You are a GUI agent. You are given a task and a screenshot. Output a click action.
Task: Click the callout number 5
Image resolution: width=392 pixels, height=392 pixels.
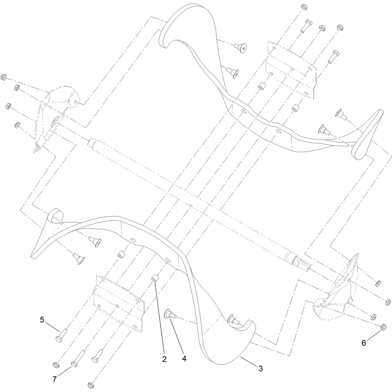tap(42, 320)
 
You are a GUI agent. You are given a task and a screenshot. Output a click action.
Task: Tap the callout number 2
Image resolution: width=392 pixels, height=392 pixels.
tap(164, 359)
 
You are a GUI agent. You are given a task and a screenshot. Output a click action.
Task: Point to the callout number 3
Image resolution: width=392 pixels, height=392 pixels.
tap(260, 368)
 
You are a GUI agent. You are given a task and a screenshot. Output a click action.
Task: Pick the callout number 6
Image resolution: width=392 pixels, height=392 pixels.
tap(364, 343)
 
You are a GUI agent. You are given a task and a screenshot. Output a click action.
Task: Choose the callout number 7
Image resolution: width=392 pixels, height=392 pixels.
tap(54, 379)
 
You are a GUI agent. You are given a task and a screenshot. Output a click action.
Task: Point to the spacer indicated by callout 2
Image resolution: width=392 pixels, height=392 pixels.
tap(155, 278)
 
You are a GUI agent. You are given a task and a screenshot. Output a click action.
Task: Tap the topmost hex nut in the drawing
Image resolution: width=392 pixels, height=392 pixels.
tap(304, 6)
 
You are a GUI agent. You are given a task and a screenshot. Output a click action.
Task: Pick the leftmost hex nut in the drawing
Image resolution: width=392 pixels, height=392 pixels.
tap(4, 77)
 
